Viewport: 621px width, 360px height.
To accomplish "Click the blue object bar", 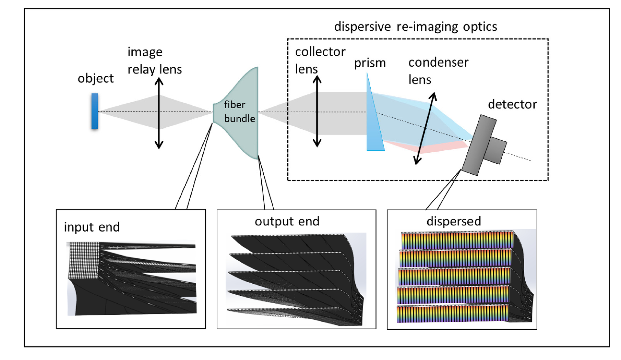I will [94, 111].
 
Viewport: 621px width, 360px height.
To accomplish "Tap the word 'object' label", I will [95, 78].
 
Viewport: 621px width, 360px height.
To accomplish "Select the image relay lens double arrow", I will [159, 113].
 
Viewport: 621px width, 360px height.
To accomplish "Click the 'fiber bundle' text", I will [239, 112].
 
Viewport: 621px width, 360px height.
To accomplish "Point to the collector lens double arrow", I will [317, 111].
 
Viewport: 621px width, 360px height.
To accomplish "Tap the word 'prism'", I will [370, 63].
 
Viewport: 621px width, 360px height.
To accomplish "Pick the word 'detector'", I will [512, 104].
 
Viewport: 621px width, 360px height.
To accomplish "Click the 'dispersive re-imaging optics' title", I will [415, 27].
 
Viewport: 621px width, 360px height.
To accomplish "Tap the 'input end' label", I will [92, 227].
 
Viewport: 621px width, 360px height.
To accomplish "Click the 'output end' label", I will [287, 221].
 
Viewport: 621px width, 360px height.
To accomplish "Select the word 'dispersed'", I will [453, 221].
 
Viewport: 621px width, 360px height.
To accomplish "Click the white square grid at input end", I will [83, 260].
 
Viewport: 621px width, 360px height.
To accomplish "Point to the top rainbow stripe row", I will [457, 241].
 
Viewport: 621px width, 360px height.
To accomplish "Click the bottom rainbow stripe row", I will [452, 314].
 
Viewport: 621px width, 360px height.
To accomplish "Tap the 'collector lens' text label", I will [320, 60].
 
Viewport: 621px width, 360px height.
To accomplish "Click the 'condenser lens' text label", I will [438, 71].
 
